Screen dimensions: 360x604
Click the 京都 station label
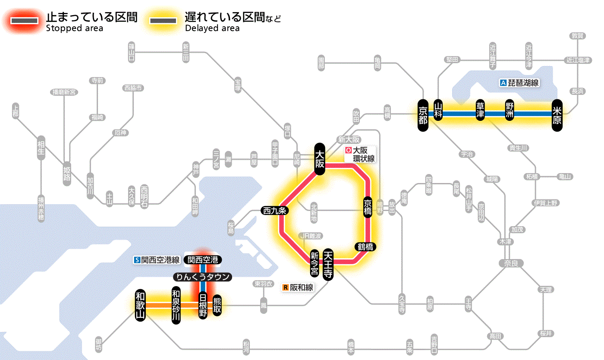(423, 114)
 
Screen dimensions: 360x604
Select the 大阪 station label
(320, 159)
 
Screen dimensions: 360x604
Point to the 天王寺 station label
(328, 265)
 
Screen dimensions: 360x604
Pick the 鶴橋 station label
(365, 247)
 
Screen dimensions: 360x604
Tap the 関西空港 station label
(203, 260)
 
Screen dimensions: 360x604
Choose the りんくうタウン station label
(202, 277)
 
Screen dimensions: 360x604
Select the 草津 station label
(481, 111)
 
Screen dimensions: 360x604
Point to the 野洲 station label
(510, 111)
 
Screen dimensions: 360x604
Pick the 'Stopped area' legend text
(74, 28)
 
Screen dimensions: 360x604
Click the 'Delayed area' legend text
(212, 28)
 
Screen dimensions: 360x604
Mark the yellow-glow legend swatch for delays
(163, 20)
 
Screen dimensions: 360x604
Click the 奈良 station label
(510, 263)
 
